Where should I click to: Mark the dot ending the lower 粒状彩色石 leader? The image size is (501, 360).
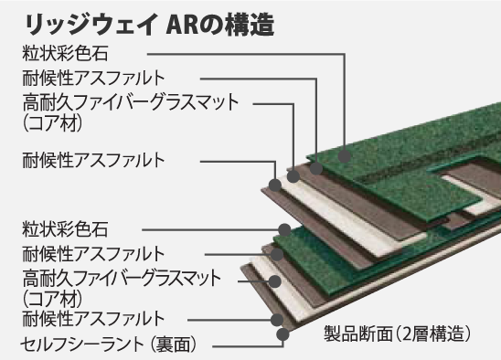click(x=285, y=228)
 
